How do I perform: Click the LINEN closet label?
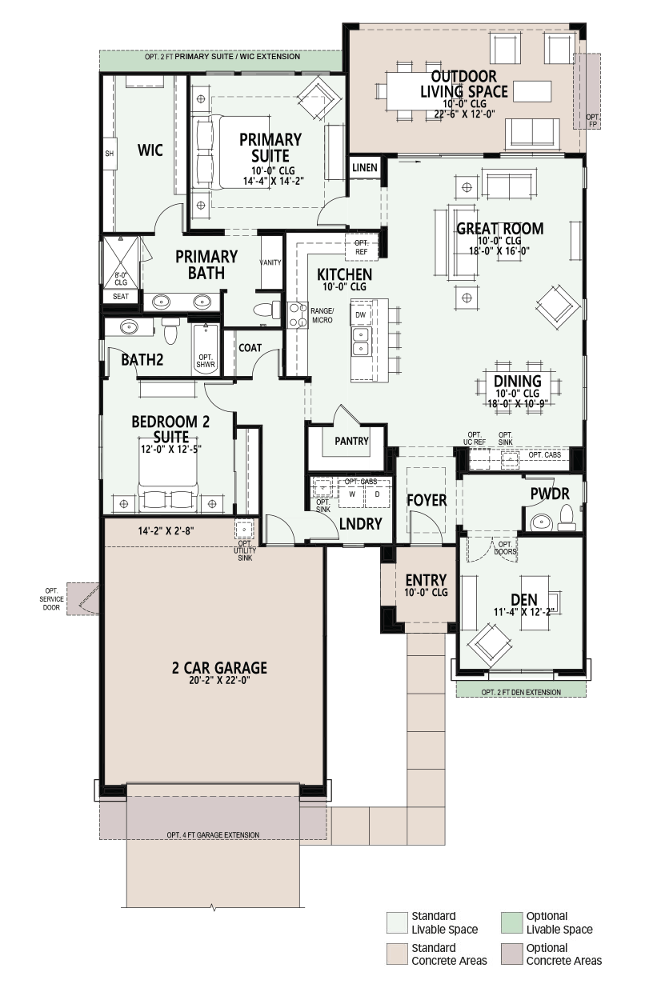pos(365,167)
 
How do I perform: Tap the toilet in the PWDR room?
pos(567,518)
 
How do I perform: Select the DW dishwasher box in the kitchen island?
pos(361,314)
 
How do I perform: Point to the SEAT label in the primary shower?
pos(121,296)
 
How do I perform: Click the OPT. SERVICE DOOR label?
pos(51,598)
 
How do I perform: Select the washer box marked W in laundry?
pos(352,494)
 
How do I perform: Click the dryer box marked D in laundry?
pos(377,494)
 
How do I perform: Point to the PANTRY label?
pos(351,441)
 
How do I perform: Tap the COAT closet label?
pos(250,348)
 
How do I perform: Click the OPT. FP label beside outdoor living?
pos(592,121)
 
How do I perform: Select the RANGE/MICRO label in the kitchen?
pos(322,316)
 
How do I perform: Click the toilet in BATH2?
pos(170,330)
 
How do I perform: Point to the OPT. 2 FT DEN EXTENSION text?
pos(521,692)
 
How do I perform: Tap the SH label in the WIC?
pos(109,154)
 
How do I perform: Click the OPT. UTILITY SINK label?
pos(245,550)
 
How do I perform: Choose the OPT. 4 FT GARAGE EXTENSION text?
pos(213,834)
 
